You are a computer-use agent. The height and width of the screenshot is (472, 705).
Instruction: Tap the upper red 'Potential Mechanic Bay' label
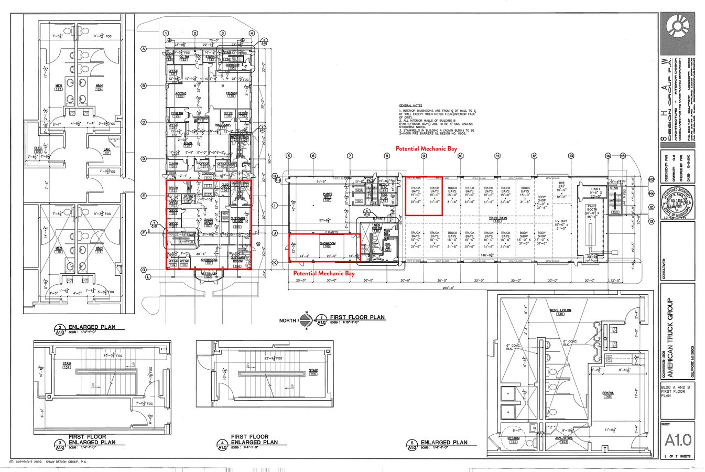[426, 149]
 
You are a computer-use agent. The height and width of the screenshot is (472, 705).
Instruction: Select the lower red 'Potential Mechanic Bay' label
[324, 273]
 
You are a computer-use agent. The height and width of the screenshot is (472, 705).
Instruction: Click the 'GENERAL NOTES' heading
[409, 105]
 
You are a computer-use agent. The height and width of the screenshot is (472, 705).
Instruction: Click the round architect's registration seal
[678, 202]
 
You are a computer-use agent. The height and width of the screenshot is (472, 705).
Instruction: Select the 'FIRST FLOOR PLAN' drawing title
[356, 317]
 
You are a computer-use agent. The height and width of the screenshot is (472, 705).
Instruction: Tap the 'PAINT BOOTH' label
[592, 208]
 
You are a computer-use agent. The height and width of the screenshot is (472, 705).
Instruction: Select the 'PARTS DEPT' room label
[328, 197]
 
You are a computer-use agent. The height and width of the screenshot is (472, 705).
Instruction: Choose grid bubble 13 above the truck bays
[571, 156]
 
